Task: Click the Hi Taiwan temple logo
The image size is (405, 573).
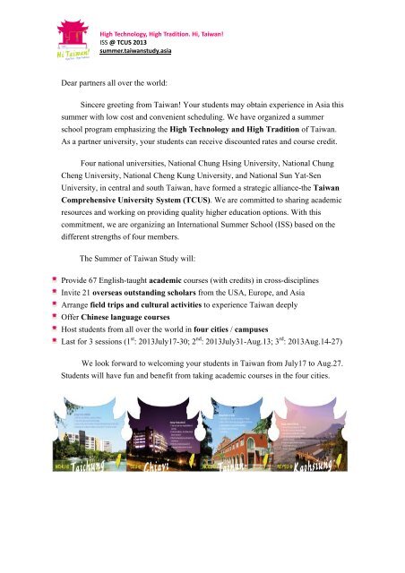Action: [x=73, y=44]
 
